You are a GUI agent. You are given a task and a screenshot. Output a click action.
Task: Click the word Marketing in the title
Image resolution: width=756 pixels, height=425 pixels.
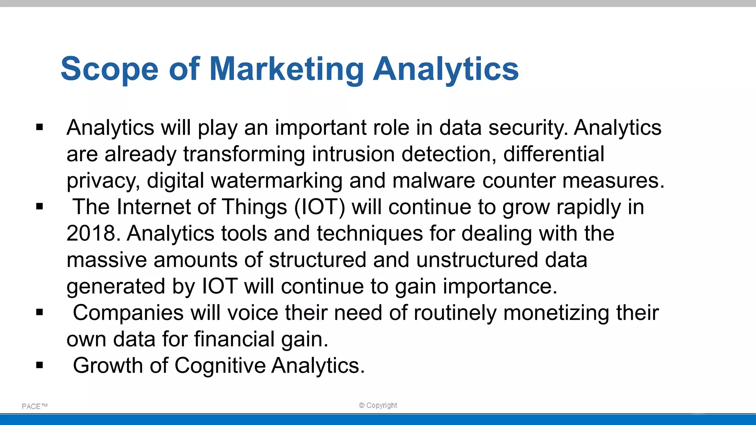coord(286,69)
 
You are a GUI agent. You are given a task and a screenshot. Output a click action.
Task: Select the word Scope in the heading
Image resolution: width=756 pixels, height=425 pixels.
coord(110,69)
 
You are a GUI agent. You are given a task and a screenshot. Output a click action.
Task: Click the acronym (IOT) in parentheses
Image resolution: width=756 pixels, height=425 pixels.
coord(320,207)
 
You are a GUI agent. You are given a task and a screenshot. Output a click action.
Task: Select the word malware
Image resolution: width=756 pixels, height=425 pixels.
coord(434,181)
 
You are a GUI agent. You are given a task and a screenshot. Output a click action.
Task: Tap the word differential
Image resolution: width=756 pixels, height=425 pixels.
coord(554,154)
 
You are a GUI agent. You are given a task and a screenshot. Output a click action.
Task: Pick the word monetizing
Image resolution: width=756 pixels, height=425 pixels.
coord(556,313)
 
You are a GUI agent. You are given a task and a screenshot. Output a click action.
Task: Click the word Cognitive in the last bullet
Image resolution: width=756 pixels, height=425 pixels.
coord(220,366)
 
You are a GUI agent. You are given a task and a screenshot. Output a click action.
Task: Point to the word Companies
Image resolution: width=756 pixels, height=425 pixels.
coord(128,313)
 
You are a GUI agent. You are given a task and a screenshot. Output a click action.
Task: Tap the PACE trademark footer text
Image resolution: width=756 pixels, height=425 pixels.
coord(34,406)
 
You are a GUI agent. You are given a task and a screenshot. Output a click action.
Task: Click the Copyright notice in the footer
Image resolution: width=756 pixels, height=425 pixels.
coord(378,405)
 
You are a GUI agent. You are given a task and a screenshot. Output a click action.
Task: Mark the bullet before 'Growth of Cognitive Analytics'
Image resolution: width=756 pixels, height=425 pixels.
coord(39,366)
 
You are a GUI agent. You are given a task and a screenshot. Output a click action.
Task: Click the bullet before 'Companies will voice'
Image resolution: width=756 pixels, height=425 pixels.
coord(39,313)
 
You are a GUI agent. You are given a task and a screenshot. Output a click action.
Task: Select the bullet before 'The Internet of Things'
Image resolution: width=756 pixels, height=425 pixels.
coord(39,207)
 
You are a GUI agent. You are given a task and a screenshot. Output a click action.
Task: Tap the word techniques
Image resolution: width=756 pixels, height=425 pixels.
coord(370,234)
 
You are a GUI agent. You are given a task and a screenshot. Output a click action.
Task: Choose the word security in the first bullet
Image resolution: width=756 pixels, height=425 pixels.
coord(528,128)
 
